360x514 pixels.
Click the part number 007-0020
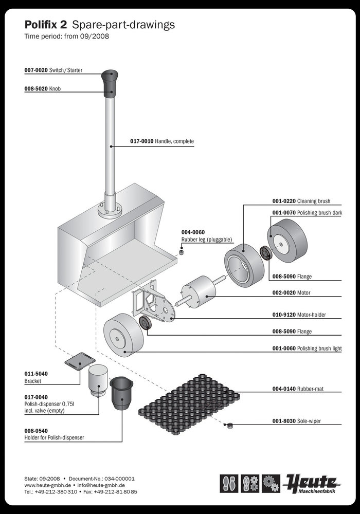(36, 70)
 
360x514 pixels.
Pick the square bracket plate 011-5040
(80, 361)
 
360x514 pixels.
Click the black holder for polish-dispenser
(122, 393)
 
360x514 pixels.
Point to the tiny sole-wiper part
(230, 425)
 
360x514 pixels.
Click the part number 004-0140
(284, 389)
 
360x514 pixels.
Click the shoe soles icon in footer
(228, 483)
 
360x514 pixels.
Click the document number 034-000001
(119, 478)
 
